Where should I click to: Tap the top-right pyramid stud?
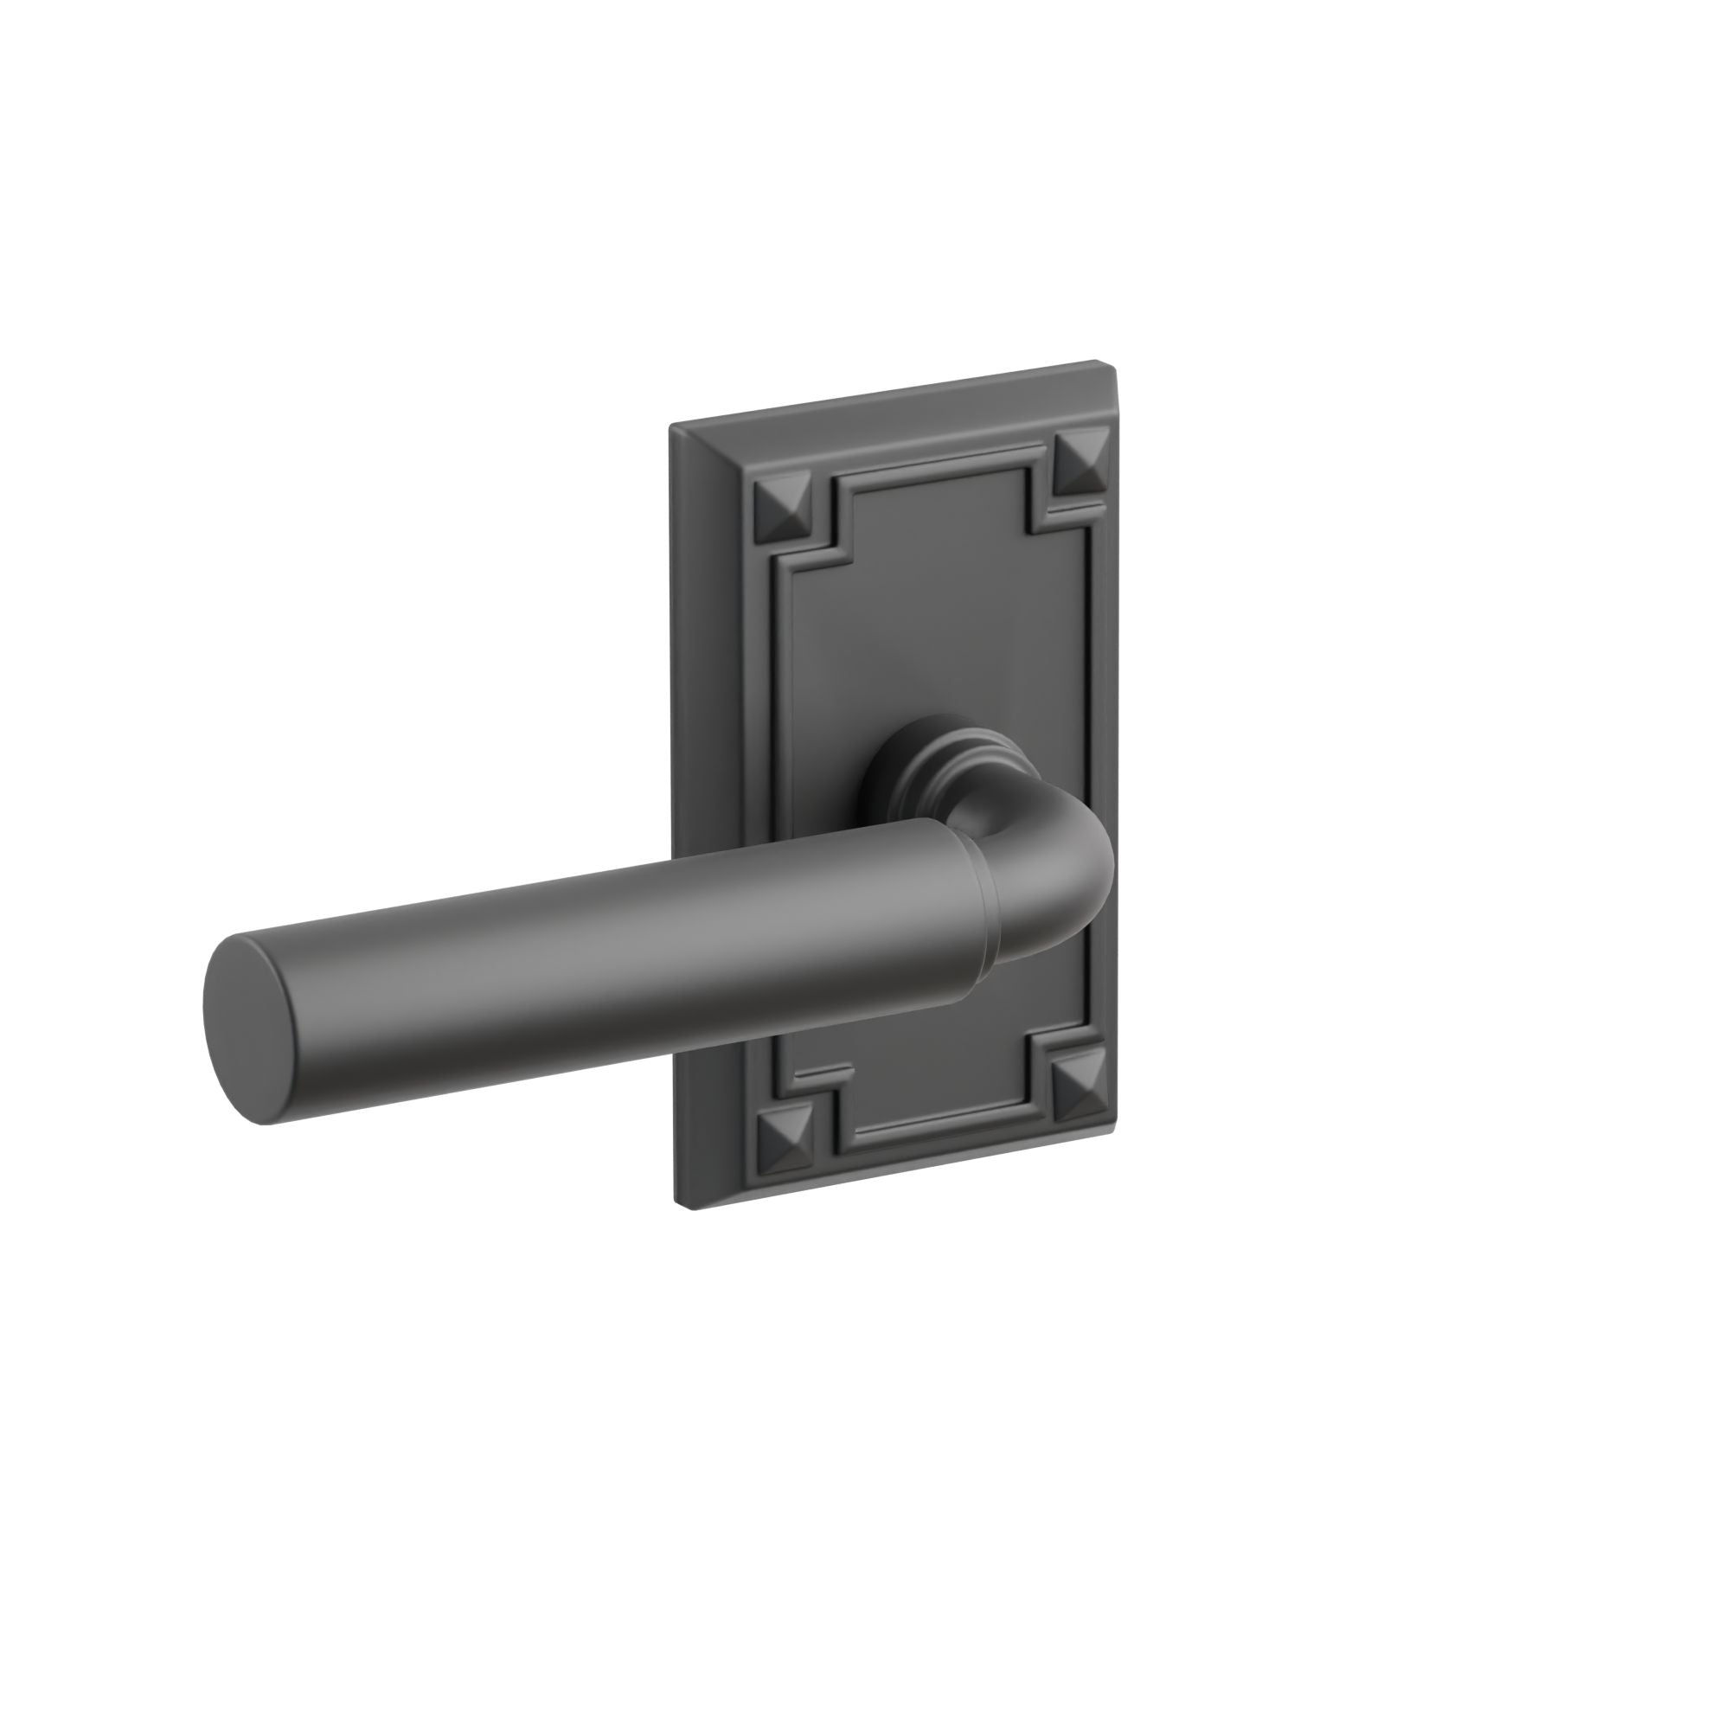coord(1080,464)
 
